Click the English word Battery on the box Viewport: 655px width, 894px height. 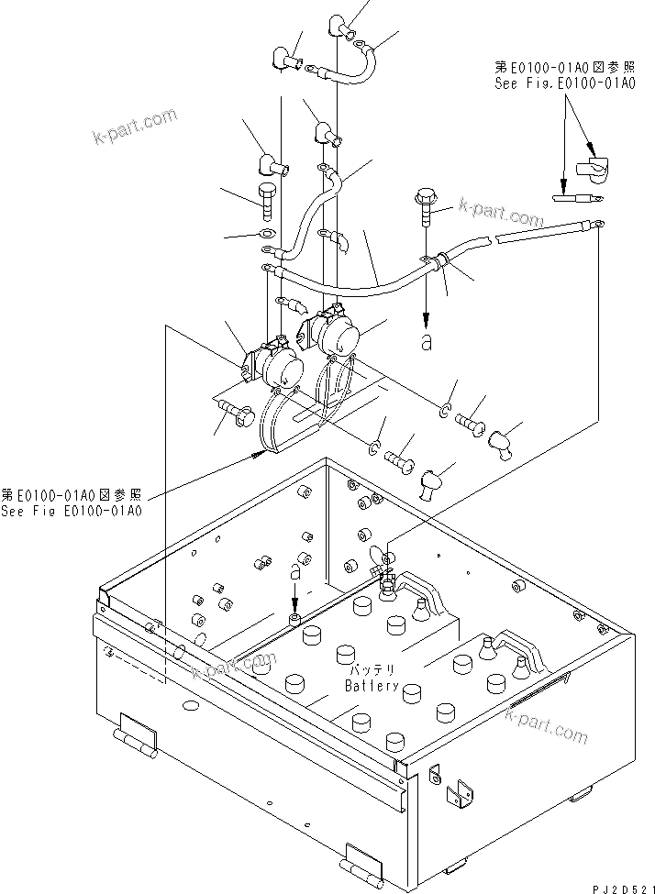(x=372, y=686)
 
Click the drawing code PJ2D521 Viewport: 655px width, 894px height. (x=619, y=886)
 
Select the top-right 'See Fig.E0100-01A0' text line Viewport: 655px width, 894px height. (x=564, y=83)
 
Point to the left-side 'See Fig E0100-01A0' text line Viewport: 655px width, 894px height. (x=72, y=511)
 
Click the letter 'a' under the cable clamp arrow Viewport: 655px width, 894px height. (x=426, y=343)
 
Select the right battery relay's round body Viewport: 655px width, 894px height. (x=334, y=337)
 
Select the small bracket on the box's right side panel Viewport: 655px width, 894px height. (x=455, y=795)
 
